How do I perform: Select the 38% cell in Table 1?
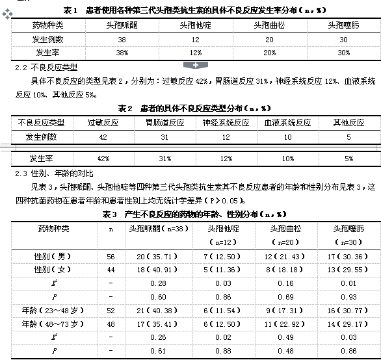(x=122, y=52)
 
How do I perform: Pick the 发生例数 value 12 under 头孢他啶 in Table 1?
(x=194, y=39)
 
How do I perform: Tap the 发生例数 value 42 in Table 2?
(x=103, y=136)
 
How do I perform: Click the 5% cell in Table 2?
(x=349, y=158)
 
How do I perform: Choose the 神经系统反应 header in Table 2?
(x=226, y=122)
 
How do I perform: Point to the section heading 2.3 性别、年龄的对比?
(x=54, y=174)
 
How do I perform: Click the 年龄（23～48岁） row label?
(x=49, y=310)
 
